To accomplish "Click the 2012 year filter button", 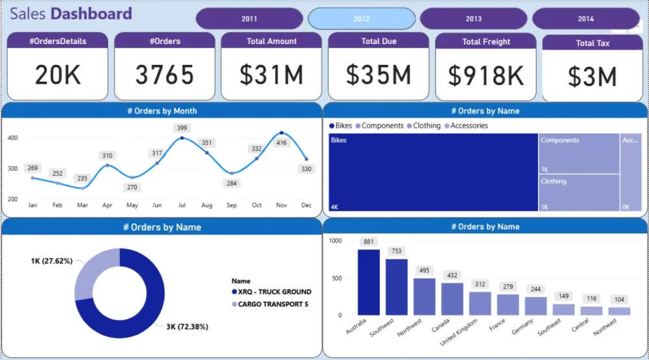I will [x=361, y=19].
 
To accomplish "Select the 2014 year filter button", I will [x=585, y=19].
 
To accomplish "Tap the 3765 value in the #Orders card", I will [x=164, y=75].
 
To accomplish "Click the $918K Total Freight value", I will [x=485, y=76].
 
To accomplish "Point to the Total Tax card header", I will [x=593, y=43].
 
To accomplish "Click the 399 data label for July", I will [x=182, y=128].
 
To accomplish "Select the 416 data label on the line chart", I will [x=282, y=143].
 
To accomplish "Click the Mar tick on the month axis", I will [x=82, y=205].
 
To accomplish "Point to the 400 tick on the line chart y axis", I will [x=12, y=138].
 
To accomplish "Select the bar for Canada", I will [x=452, y=299].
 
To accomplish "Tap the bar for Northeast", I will [x=620, y=311].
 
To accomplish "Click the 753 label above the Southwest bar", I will [x=397, y=252].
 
